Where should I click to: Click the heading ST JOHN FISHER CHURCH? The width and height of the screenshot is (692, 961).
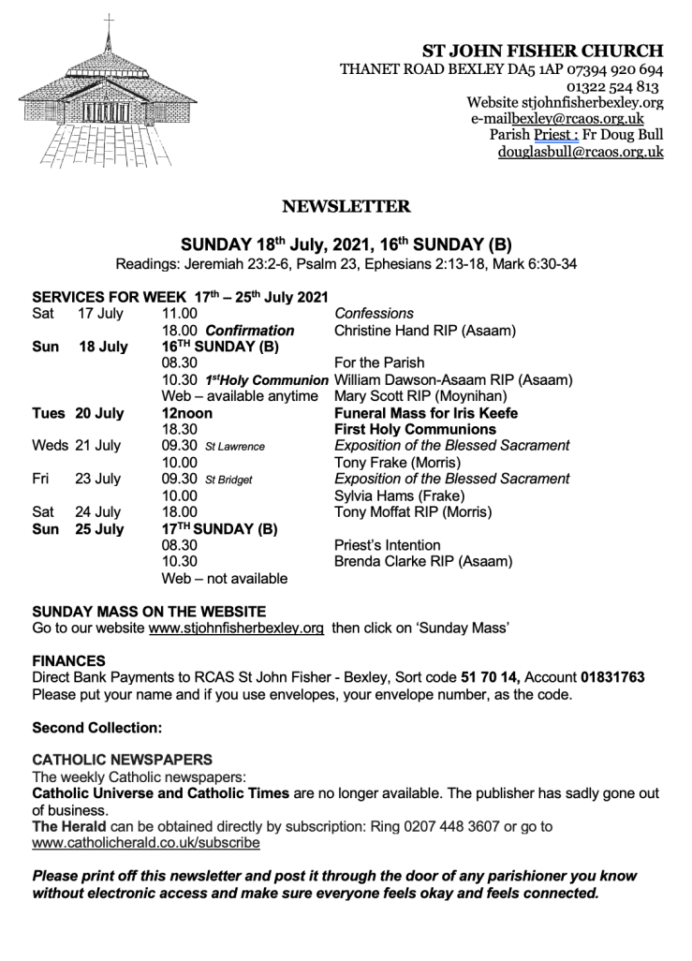(543, 51)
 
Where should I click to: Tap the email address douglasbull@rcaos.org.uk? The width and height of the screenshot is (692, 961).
(581, 152)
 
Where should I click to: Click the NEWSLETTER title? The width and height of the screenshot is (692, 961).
(346, 206)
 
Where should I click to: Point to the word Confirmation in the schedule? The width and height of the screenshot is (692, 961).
(250, 330)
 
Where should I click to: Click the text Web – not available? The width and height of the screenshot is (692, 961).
(225, 578)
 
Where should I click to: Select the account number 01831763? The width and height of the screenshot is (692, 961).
(609, 676)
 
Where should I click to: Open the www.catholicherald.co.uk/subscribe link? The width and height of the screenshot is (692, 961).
(146, 843)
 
